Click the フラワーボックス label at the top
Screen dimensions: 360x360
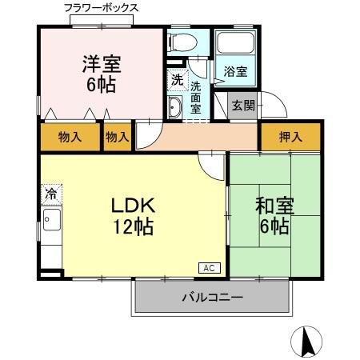click(101, 7)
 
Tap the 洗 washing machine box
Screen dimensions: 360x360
click(177, 80)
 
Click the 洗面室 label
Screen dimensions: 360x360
click(196, 98)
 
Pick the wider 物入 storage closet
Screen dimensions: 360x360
click(70, 138)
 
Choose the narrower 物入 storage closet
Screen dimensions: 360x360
click(118, 138)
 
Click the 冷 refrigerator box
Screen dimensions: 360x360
click(50, 193)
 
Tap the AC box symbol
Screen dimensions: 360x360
click(207, 268)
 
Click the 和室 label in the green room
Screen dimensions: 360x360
click(274, 205)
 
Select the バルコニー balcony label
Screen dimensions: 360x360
click(212, 298)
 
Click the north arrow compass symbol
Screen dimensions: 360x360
click(307, 342)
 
